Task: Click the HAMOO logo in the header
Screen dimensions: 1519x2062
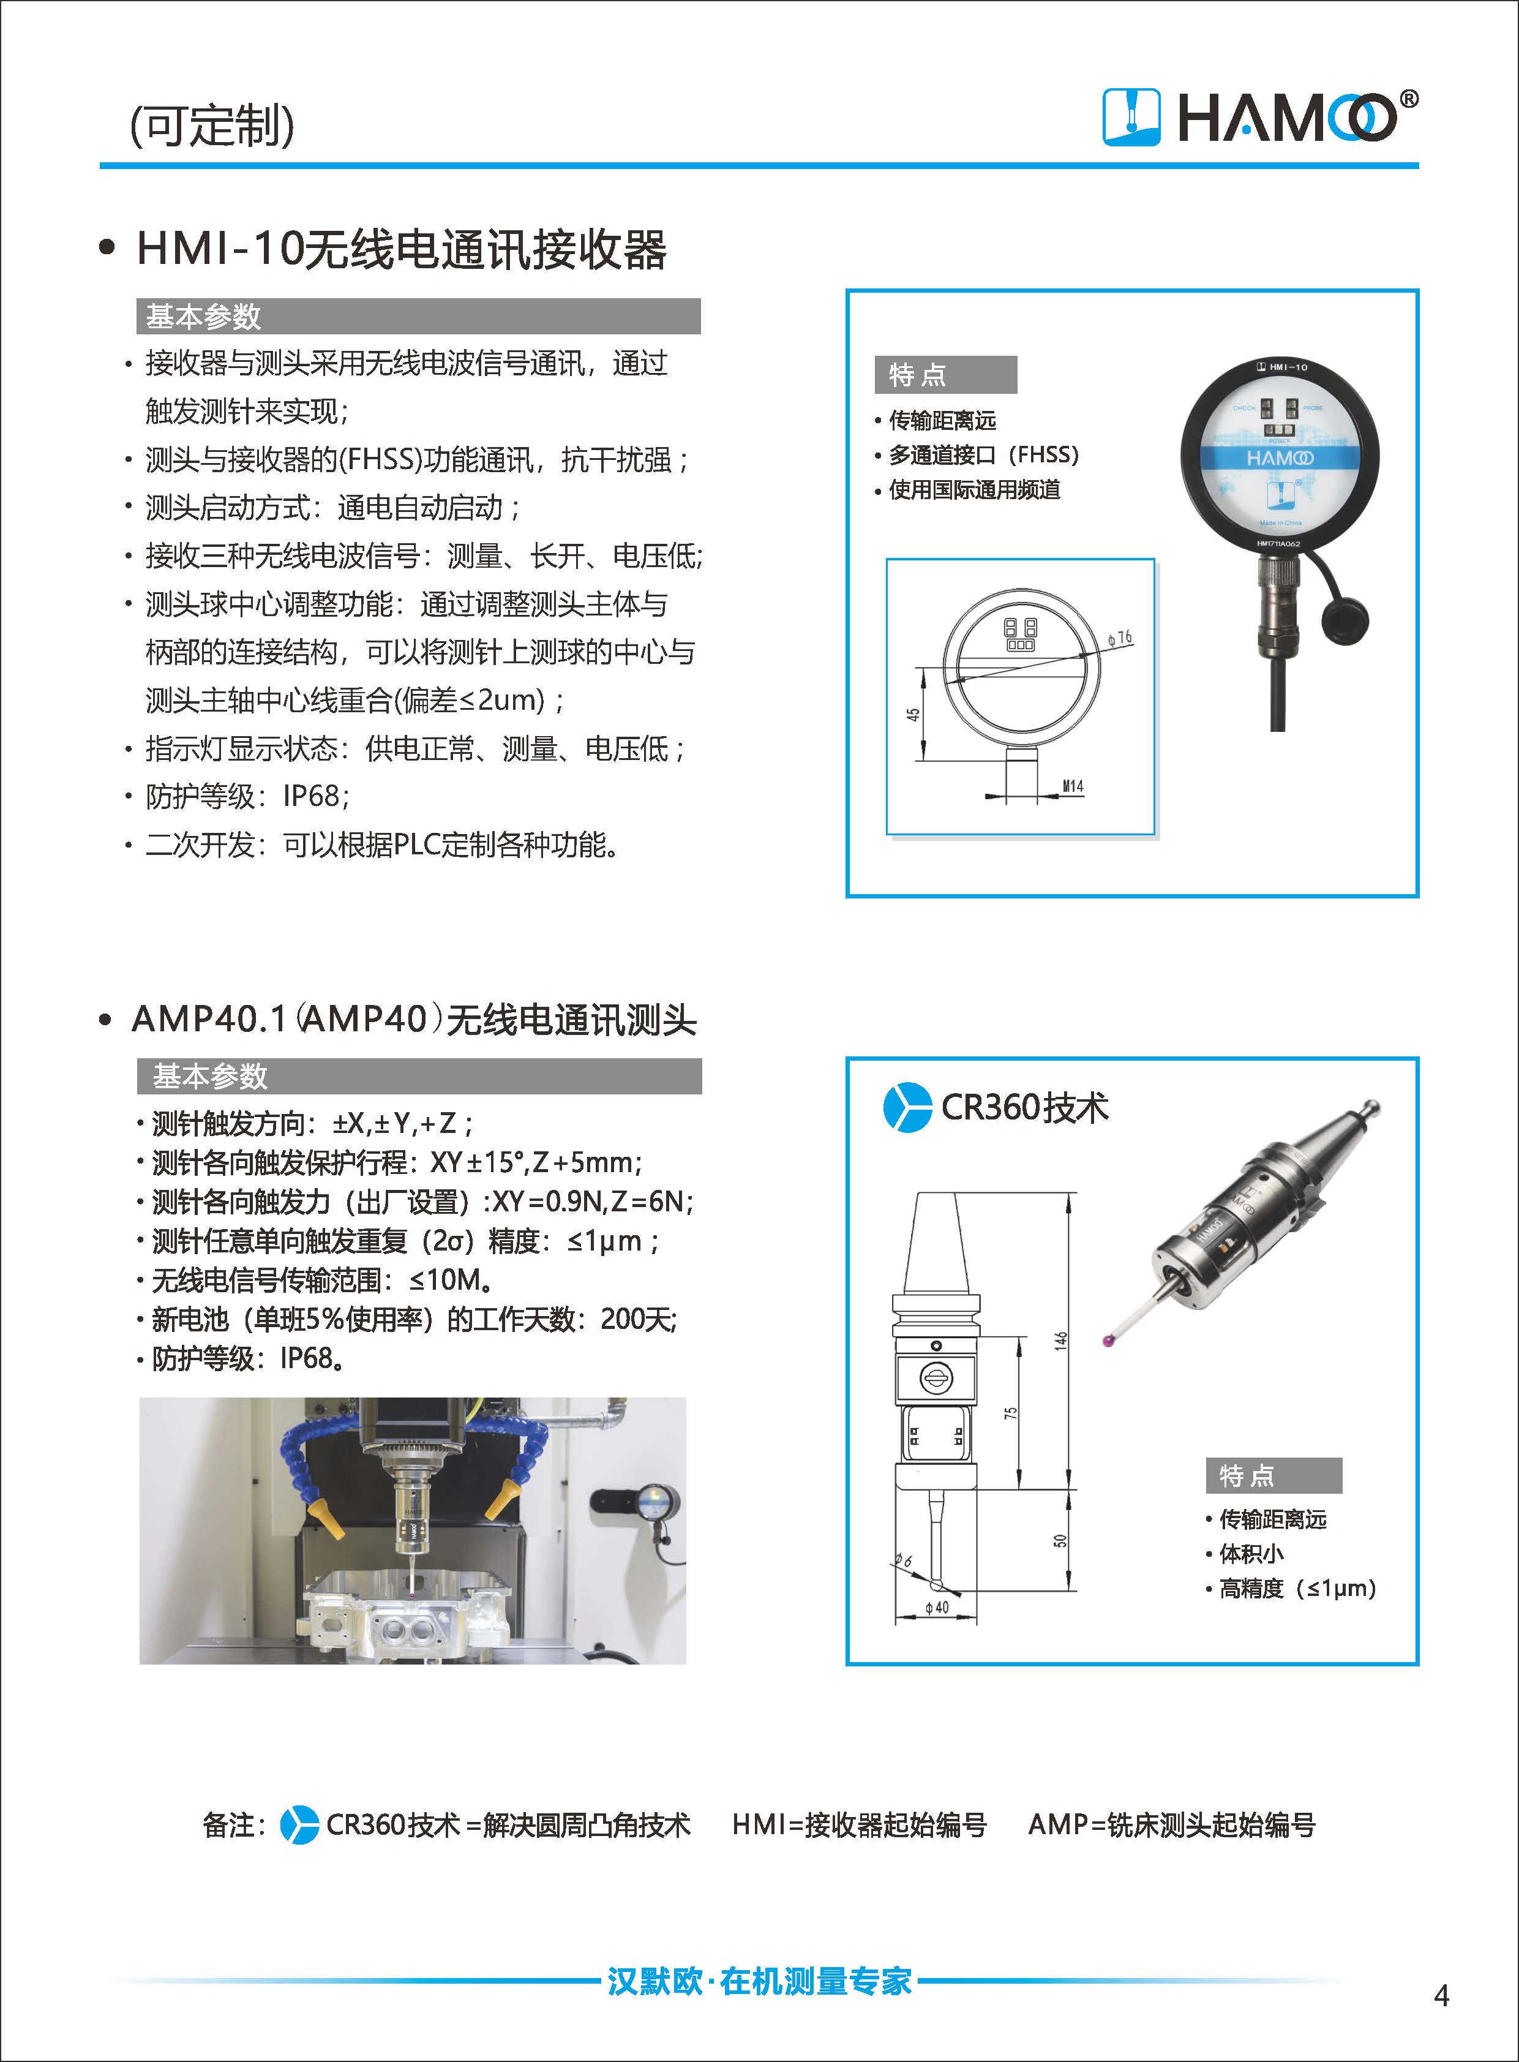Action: [x=1259, y=117]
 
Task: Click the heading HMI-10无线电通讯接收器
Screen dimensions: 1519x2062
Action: [x=401, y=249]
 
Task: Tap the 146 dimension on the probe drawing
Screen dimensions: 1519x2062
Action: [x=1061, y=1340]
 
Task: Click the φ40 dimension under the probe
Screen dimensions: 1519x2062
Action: [x=937, y=1607]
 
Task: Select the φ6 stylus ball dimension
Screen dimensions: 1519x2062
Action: [x=903, y=1560]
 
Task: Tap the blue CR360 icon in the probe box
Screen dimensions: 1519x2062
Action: [x=907, y=1107]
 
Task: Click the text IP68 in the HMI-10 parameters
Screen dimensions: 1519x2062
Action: [x=311, y=796]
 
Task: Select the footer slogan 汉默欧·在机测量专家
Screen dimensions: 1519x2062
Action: [x=759, y=1981]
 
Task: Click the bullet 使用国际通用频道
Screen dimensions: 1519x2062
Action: [x=967, y=489]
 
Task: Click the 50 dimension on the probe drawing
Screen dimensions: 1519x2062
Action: [x=1061, y=1540]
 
